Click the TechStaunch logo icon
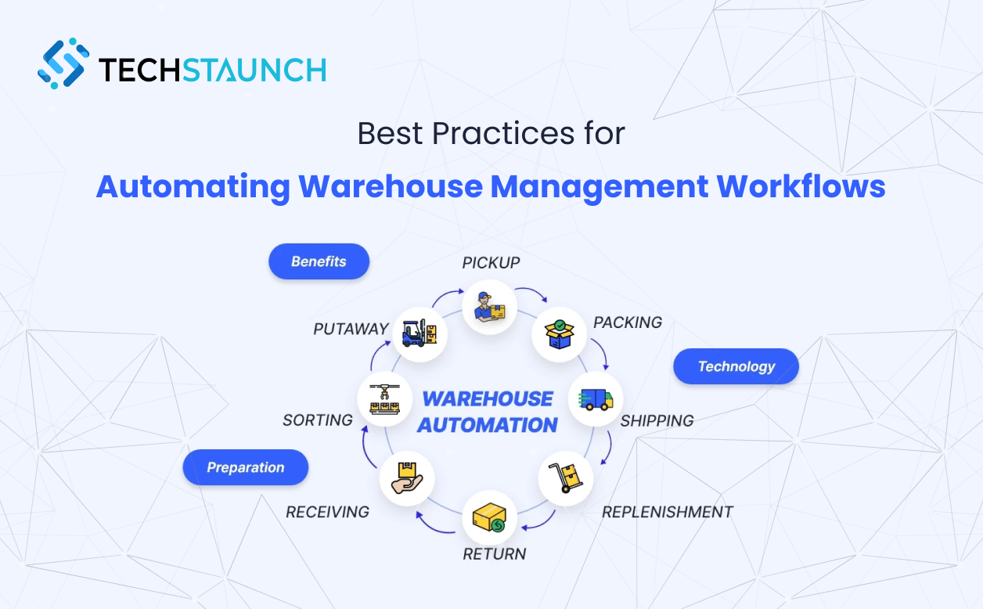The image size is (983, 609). [x=63, y=63]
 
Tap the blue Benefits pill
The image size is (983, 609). [x=319, y=261]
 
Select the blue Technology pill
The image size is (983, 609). [x=736, y=366]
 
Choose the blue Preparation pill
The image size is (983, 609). [x=245, y=467]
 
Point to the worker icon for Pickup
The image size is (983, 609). [x=489, y=308]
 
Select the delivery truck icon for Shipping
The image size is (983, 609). [x=595, y=399]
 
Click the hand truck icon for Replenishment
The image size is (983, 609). [x=566, y=477]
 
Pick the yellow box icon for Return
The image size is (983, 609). [x=489, y=517]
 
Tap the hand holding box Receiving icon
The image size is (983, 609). [x=406, y=478]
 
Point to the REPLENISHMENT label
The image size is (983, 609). [x=667, y=512]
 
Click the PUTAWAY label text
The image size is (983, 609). [x=351, y=329]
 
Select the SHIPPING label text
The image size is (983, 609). [x=657, y=420]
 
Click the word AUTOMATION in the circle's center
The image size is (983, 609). [x=487, y=425]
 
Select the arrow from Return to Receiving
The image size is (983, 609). [x=433, y=524]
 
